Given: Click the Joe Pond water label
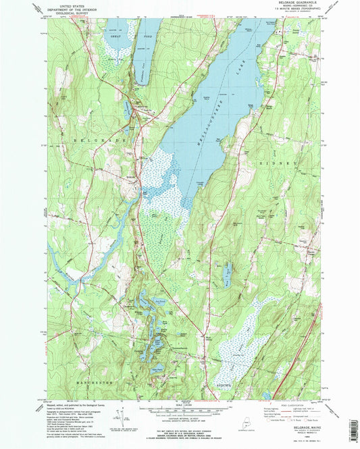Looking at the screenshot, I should [159, 301].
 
